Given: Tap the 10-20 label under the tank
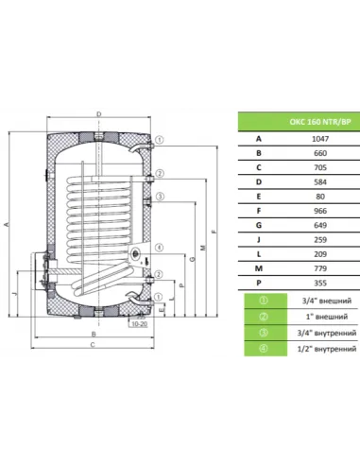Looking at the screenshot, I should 140,323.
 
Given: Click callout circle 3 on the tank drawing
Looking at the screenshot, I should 162,197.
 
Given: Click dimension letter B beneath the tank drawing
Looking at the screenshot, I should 94,336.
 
